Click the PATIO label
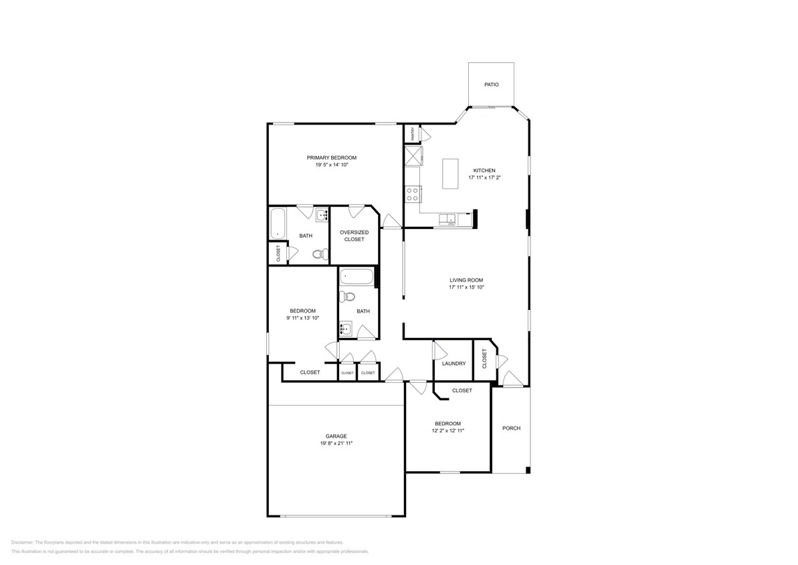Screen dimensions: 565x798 (491, 85)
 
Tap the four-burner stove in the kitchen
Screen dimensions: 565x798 (412, 195)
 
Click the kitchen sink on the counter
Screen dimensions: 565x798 (447, 219)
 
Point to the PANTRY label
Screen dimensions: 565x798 (413, 133)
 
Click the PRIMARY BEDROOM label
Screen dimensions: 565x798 (332, 158)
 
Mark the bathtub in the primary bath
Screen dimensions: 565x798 (278, 224)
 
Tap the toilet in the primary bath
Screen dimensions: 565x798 (322, 254)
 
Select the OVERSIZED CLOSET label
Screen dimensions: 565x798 (354, 236)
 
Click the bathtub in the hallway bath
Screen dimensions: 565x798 (356, 277)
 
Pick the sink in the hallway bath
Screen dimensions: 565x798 (345, 328)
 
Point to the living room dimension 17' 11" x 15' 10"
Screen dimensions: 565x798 (466, 287)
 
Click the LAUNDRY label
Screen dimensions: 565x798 (454, 364)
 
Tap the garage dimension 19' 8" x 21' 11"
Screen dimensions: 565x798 (336, 443)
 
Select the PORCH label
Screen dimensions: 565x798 (511, 428)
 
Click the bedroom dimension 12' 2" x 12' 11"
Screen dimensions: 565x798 (447, 430)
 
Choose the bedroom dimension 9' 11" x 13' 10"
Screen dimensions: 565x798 (302, 318)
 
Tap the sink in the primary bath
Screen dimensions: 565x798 (322, 215)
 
